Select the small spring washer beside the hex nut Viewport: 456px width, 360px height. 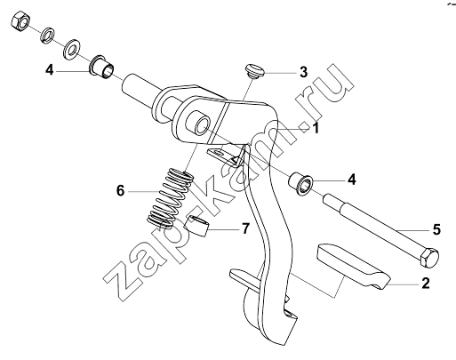click(47, 35)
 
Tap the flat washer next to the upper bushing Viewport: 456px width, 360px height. click(72, 50)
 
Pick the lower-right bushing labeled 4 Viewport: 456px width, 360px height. click(300, 185)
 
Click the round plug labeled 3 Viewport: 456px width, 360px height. click(255, 70)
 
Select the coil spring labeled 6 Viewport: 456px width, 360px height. click(171, 198)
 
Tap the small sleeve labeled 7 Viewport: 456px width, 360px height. click(196, 225)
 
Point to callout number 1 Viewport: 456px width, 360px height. click(316, 128)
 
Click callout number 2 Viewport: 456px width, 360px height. click(425, 284)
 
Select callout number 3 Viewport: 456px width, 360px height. click(303, 72)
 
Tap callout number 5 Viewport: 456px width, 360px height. click(436, 229)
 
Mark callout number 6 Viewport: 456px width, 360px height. click(120, 190)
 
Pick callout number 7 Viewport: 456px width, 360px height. click(245, 228)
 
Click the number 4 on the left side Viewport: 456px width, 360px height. click(50, 70)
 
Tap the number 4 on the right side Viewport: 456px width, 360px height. click(351, 180)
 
